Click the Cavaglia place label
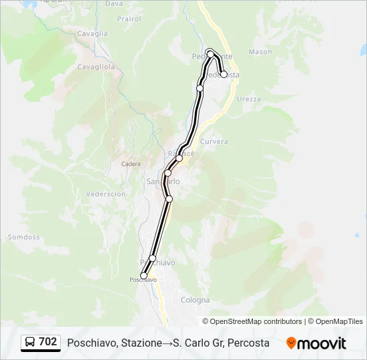point(92,33)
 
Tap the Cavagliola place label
point(96,67)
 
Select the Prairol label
point(129,19)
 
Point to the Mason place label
point(260,51)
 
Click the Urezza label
point(248,99)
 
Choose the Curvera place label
point(214,141)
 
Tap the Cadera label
point(131,163)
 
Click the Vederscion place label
point(106,194)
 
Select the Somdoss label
point(24,237)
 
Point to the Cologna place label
point(196,300)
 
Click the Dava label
point(114,3)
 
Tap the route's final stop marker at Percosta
point(224,75)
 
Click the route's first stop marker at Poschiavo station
point(143,275)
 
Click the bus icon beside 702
point(30,343)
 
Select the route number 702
point(47,342)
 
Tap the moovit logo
point(316,343)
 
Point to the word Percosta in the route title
point(248,343)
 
